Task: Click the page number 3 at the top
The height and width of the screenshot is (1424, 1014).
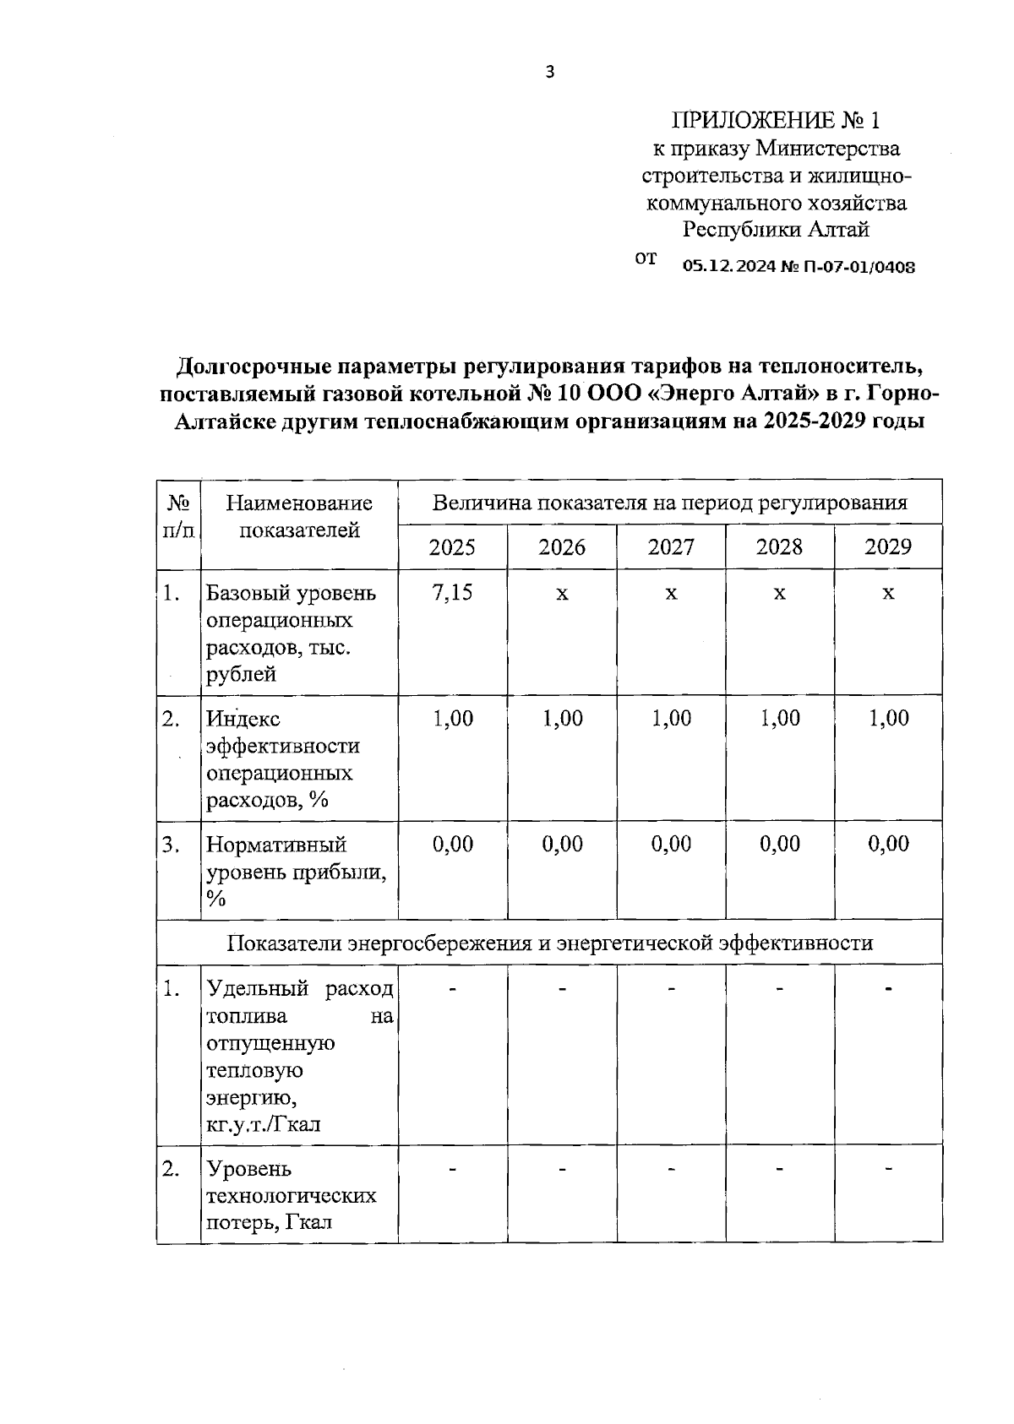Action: coord(550,73)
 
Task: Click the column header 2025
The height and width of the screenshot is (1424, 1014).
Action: coord(452,547)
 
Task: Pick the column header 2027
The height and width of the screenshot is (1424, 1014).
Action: coord(671,547)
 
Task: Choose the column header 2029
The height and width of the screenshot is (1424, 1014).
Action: coord(888,547)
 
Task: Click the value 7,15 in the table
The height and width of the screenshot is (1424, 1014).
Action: coord(452,593)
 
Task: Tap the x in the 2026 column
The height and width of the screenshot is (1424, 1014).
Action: coord(562,594)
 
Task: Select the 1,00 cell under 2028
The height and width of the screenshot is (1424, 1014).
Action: coord(779,719)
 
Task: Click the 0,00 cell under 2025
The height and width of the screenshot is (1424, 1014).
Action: coord(452,844)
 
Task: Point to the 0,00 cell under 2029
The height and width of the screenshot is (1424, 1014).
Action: coord(888,844)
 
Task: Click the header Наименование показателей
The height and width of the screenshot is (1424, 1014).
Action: coord(299,517)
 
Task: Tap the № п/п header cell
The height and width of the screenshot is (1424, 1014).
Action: coord(178,517)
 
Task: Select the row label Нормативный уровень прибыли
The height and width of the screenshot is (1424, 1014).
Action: coord(297,872)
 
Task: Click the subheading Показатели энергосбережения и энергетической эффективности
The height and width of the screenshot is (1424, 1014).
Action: coord(550,943)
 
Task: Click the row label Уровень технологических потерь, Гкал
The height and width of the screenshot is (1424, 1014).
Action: coord(292,1195)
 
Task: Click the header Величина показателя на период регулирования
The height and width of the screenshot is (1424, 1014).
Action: coord(669,503)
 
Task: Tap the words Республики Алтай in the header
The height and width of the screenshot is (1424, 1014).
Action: coord(776,230)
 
